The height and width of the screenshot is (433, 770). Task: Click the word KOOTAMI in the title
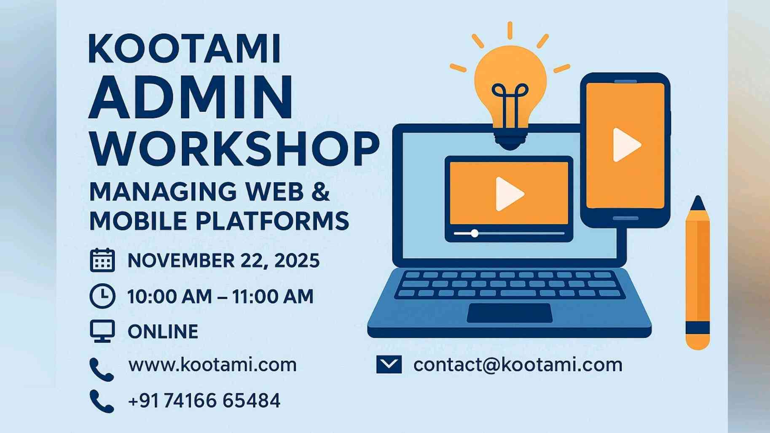185,49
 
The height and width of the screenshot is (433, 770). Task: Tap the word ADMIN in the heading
190,97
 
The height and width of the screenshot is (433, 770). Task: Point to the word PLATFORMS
273,221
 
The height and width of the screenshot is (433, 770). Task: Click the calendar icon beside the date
102,260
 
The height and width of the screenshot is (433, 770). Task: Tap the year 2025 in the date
297,261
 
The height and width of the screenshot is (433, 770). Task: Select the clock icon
102,296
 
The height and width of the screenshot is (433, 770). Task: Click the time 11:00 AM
273,296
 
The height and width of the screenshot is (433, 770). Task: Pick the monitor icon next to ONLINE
102,331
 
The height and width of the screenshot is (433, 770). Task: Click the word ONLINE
163,332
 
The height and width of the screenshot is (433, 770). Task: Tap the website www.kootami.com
212,365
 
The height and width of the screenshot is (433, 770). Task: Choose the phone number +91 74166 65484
204,401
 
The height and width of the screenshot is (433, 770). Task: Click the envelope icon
389,365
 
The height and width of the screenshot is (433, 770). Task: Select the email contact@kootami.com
518,365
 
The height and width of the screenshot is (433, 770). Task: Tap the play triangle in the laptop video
508,194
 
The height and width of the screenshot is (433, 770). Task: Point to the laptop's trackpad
510,313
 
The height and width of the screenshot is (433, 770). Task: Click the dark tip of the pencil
698,203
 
